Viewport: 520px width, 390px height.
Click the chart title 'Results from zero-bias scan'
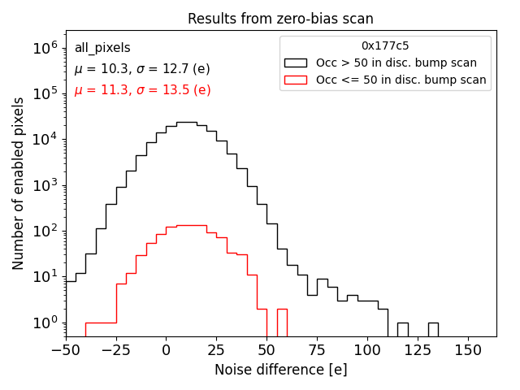click(280, 19)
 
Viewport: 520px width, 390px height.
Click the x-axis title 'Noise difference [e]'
click(280, 370)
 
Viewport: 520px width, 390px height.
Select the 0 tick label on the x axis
click(166, 349)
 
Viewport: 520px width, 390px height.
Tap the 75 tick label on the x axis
click(317, 349)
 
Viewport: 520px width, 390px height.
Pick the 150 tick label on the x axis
click(468, 349)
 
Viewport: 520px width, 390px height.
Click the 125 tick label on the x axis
click(418, 349)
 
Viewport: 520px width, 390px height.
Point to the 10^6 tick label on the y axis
click(45, 49)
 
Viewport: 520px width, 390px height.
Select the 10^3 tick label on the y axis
click(45, 185)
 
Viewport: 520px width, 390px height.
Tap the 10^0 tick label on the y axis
click(45, 323)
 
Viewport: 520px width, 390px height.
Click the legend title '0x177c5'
click(385, 46)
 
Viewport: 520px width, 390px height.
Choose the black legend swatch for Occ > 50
click(296, 63)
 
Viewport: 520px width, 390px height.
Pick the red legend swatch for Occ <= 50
click(296, 80)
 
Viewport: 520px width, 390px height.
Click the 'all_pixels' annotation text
click(102, 48)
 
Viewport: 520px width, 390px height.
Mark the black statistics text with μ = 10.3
click(142, 69)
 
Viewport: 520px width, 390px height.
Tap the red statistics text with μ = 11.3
click(142, 90)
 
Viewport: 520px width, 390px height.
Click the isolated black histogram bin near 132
click(433, 329)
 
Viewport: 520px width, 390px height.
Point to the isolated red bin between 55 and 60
click(282, 321)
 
